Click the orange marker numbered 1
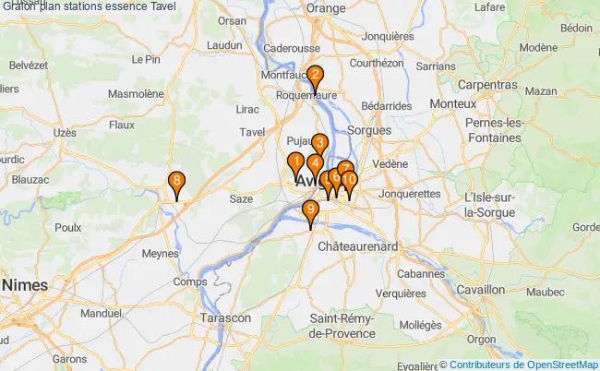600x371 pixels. (295, 163)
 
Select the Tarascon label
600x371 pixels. (224, 317)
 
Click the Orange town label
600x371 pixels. (325, 8)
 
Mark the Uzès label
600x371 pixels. (65, 133)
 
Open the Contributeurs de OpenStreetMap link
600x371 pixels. (524, 365)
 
